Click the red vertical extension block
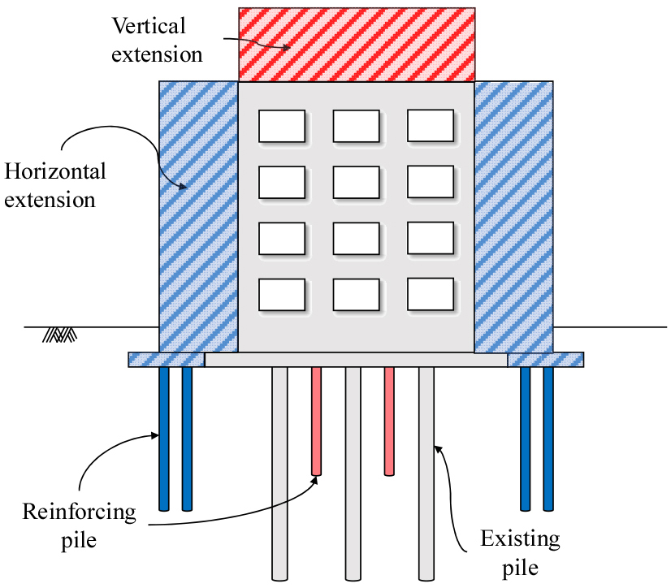pyautogui.click(x=356, y=45)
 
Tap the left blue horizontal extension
pyautogui.click(x=198, y=215)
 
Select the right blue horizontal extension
pyautogui.click(x=513, y=215)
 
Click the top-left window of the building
pyautogui.click(x=281, y=126)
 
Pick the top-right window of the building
pyautogui.click(x=430, y=126)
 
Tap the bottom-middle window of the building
pyautogui.click(x=356, y=294)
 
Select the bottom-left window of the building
pyautogui.click(x=281, y=294)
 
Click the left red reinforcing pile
pyautogui.click(x=316, y=420)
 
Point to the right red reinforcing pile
pyautogui.click(x=389, y=420)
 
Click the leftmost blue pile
pyautogui.click(x=164, y=439)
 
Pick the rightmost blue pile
pyautogui.click(x=548, y=439)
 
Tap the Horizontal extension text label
pyautogui.click(x=55, y=185)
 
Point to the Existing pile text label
pyautogui.click(x=519, y=551)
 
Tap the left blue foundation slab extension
pyautogui.click(x=166, y=359)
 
